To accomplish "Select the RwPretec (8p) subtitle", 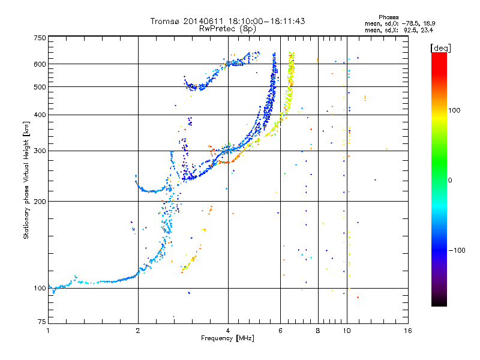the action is tap(227, 29).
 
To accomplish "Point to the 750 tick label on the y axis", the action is tap(40, 38).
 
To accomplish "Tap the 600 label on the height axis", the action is tap(40, 64).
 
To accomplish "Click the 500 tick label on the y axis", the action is tap(40, 87).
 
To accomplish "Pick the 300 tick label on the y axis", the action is tap(40, 151).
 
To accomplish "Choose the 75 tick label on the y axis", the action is tap(42, 322).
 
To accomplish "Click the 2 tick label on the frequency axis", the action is tap(138, 331).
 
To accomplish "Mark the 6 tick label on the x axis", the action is tap(280, 331).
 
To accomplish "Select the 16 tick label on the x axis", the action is tap(408, 331).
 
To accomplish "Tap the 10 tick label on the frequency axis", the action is tap(347, 331).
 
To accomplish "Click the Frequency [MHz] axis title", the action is tap(227, 338).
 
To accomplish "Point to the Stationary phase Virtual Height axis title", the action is tap(26, 180).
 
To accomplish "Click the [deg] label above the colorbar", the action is tap(440, 48).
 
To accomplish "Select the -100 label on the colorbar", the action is tap(457, 250).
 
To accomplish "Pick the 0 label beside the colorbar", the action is tap(450, 181).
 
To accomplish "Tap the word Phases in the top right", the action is tap(388, 17).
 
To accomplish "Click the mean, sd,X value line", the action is tap(399, 31).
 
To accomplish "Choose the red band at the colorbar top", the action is tap(439, 61).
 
